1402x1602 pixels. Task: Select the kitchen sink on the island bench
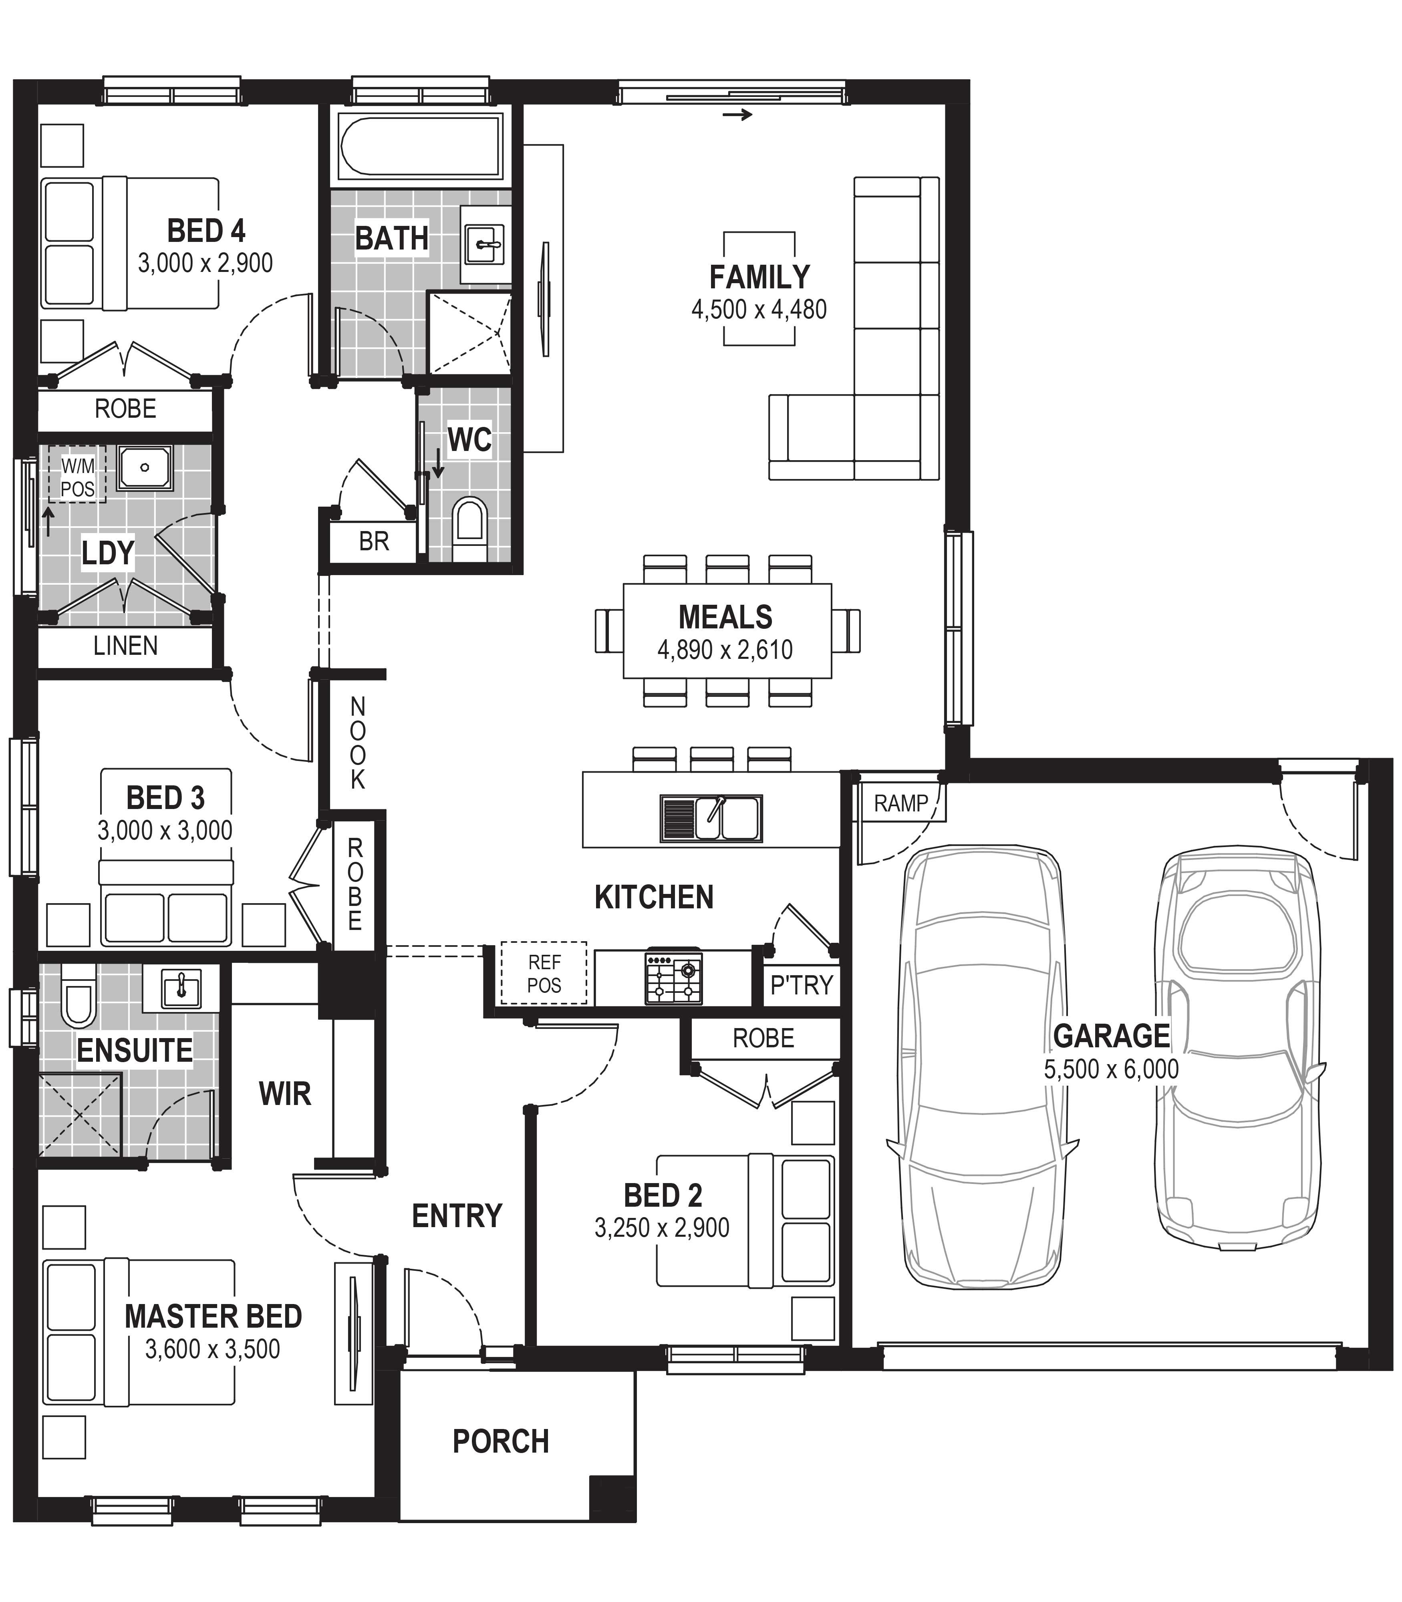point(711,818)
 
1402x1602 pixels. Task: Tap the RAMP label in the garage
point(900,803)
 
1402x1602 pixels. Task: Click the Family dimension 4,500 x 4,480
point(759,310)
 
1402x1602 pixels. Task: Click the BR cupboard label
point(374,541)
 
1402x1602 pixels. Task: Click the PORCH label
point(501,1442)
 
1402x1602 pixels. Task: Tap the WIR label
point(285,1093)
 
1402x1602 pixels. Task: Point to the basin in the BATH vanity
point(484,244)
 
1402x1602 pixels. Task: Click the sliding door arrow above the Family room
point(737,115)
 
